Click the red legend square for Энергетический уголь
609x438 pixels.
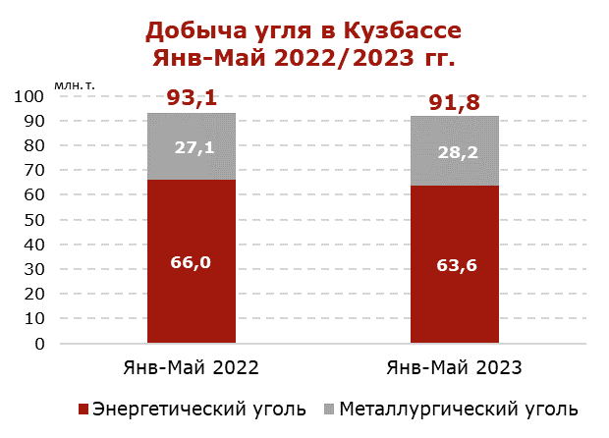pos(83,408)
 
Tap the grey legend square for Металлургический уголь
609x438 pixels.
pos(329,408)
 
